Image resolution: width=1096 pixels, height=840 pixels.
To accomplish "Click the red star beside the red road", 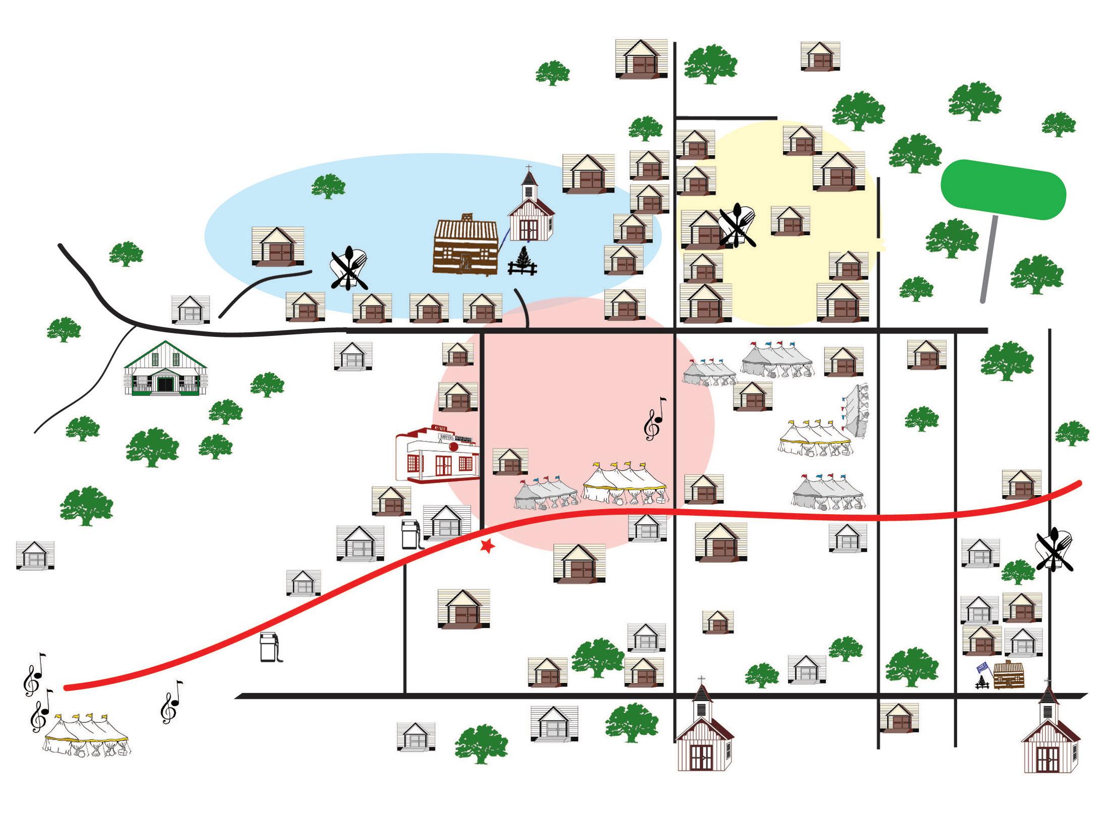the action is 487,546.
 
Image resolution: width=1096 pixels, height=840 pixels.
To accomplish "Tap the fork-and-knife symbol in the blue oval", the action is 348,268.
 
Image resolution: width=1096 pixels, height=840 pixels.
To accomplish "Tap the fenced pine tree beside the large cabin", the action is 521,262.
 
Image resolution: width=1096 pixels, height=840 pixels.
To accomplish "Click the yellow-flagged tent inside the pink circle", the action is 625,484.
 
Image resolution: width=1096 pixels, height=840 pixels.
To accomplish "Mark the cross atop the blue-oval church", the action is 529,168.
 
